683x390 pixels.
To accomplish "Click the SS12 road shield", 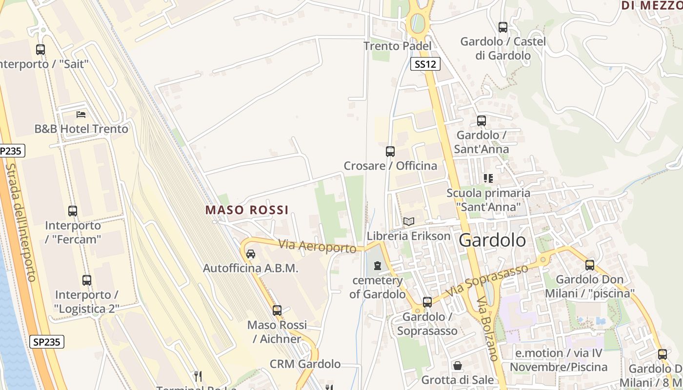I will point(425,64).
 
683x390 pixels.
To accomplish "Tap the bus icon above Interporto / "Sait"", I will point(40,49).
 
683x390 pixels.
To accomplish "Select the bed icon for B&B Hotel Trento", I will point(81,115).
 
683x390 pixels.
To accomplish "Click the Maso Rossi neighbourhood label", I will point(247,210).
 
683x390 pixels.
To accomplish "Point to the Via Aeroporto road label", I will point(318,246).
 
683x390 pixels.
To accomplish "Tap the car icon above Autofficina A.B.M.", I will point(251,254).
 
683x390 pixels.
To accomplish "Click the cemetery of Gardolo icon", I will point(377,266).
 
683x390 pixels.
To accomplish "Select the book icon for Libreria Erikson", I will point(409,222).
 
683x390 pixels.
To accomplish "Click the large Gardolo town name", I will point(493,240).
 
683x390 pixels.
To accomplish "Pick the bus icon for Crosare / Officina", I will point(390,151).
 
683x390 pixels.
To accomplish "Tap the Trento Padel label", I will point(398,46).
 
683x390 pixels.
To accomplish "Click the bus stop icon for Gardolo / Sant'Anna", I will point(482,120).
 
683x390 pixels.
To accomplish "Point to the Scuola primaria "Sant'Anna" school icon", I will point(488,178).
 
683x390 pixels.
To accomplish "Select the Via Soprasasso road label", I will point(488,280).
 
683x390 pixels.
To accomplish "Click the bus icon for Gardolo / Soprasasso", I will point(427,302).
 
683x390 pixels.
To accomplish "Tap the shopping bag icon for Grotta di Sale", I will point(458,366).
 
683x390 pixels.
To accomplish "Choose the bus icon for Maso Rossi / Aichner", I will point(277,310).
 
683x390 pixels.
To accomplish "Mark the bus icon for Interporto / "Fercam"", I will point(73,211).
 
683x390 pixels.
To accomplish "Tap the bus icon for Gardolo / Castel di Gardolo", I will point(503,27).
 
